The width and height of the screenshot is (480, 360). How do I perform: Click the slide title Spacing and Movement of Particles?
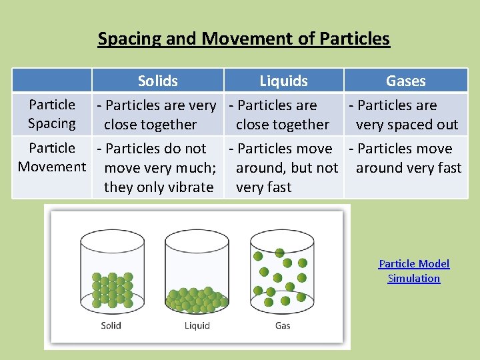click(x=243, y=39)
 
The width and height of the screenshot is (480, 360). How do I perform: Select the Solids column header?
click(x=157, y=81)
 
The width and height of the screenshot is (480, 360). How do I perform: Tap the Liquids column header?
click(x=283, y=81)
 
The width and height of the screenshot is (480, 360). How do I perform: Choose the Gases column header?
click(x=405, y=81)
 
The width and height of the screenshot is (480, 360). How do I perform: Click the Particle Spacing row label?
click(x=52, y=114)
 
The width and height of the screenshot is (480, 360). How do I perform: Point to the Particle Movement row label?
click(x=52, y=157)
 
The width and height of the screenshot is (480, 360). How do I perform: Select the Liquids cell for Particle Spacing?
click(x=283, y=115)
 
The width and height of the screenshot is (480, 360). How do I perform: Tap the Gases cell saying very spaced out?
click(x=406, y=115)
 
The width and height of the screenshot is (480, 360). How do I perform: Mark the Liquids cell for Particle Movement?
click(x=283, y=168)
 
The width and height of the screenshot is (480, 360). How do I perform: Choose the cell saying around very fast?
click(x=406, y=159)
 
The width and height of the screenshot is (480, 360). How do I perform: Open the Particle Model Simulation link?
click(x=414, y=271)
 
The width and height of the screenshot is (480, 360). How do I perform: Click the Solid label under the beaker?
click(x=111, y=325)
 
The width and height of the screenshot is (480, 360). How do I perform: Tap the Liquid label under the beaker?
click(x=197, y=325)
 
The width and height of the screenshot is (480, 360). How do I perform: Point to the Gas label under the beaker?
click(x=283, y=325)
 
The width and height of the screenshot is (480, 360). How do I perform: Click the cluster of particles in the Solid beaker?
click(x=112, y=289)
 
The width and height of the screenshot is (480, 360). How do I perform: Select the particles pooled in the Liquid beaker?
click(x=197, y=299)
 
